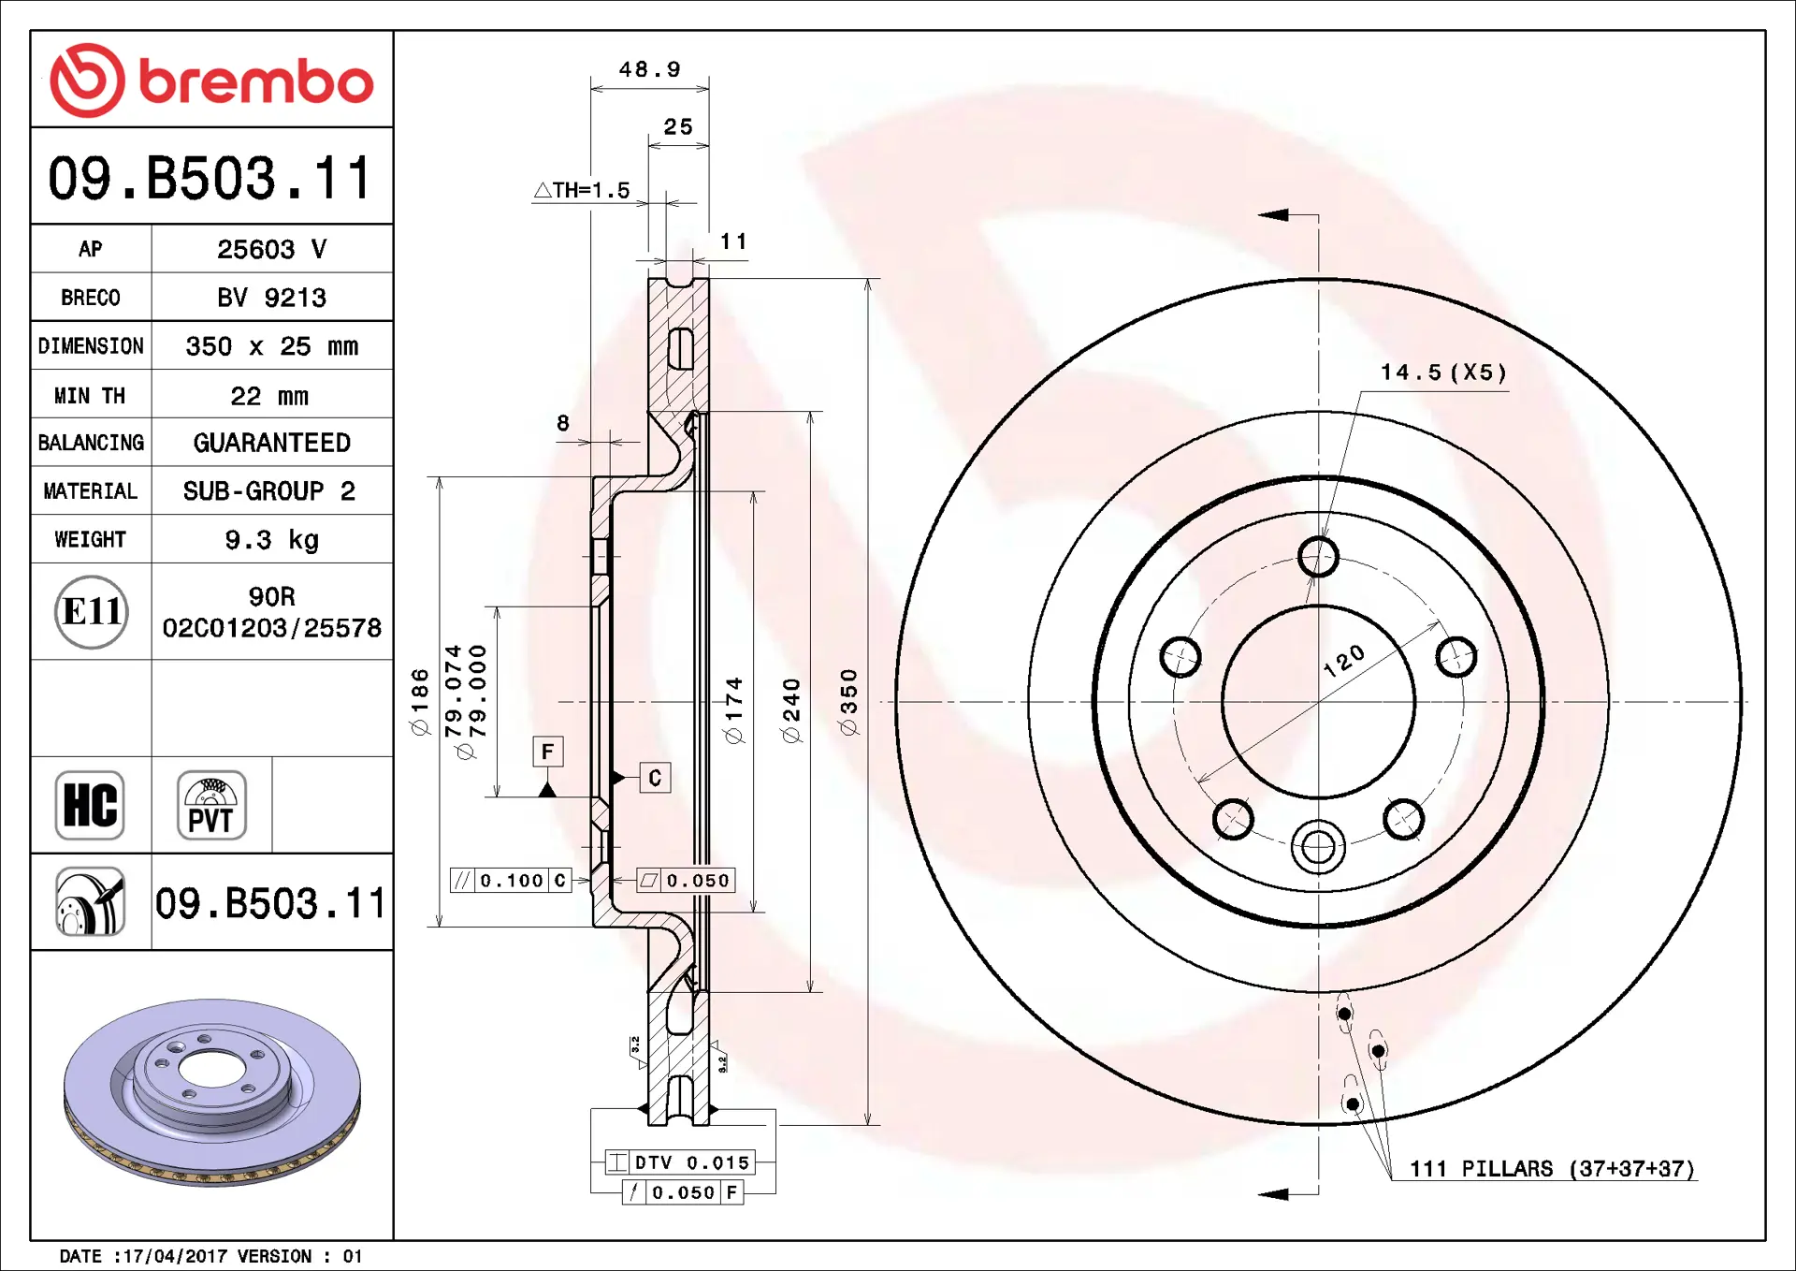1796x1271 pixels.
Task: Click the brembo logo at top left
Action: click(x=211, y=80)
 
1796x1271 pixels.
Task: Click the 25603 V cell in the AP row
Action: click(x=271, y=249)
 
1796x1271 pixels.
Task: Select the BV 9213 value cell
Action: click(x=271, y=298)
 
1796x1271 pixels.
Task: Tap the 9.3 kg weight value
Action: click(x=271, y=540)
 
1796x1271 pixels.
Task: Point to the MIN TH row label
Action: click(x=90, y=396)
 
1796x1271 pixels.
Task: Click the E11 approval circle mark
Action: click(x=91, y=612)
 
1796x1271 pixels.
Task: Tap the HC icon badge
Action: click(x=90, y=805)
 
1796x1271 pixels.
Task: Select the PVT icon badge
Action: click(x=211, y=805)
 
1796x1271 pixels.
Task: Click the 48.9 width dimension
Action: click(x=649, y=70)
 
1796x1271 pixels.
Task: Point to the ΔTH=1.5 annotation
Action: click(x=582, y=190)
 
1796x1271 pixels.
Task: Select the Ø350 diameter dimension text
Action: click(x=848, y=702)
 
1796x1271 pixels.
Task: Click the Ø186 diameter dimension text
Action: click(x=420, y=702)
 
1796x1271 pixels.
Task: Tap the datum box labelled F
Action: click(x=548, y=752)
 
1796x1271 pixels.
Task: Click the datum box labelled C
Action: click(x=655, y=778)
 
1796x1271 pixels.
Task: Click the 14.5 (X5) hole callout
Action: click(x=1443, y=373)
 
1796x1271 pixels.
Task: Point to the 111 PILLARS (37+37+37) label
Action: click(x=1552, y=1169)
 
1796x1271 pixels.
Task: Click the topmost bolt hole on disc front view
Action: click(x=1318, y=557)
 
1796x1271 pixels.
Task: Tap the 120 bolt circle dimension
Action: click(x=1344, y=661)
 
